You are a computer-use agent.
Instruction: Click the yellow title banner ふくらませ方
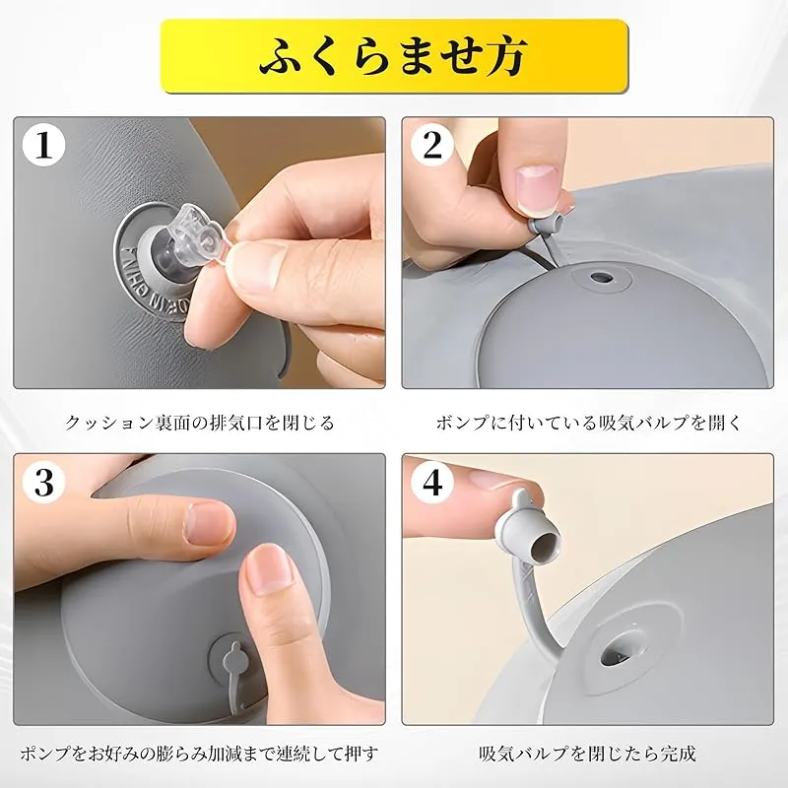[395, 56]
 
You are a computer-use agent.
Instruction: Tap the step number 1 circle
[44, 145]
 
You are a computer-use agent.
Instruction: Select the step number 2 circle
[432, 145]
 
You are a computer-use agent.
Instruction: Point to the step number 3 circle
[44, 482]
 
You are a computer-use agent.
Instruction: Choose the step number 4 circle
[432, 482]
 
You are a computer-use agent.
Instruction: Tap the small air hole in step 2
[599, 277]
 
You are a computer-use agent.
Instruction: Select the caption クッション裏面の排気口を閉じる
[200, 424]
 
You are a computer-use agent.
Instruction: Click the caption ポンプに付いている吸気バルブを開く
[589, 424]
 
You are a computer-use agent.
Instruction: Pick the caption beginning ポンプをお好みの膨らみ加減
[200, 755]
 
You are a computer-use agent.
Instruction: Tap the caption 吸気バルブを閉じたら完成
[587, 755]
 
